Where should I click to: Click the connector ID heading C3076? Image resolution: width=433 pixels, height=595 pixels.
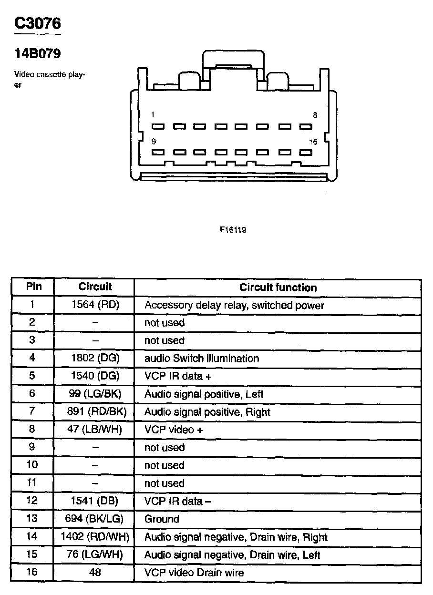(38, 23)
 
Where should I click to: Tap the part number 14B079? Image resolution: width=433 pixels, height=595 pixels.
(38, 54)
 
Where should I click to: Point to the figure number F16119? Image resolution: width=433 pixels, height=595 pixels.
(233, 229)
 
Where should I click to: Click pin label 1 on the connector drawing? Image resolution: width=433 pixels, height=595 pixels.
(153, 115)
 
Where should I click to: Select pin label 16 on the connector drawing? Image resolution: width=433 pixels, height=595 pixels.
(313, 142)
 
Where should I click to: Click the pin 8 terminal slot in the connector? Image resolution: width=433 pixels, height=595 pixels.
(305, 127)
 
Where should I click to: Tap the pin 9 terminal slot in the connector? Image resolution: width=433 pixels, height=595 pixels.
(158, 153)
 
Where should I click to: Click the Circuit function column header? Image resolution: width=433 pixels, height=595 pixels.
(278, 287)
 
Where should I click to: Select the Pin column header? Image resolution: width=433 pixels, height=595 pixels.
(33, 287)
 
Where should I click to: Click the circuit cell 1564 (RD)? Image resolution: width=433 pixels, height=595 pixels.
(95, 305)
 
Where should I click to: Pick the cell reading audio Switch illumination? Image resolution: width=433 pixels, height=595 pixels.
(202, 359)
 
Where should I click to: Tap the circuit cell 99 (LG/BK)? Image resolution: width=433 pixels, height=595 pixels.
(95, 394)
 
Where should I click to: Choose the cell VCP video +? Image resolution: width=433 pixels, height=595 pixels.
(174, 430)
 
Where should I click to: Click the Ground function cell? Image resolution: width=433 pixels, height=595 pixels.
(162, 519)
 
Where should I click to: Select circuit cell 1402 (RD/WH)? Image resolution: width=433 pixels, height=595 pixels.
(95, 537)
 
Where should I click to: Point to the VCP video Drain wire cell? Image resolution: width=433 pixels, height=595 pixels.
(194, 573)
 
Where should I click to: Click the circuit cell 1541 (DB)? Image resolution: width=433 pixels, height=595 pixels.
(95, 501)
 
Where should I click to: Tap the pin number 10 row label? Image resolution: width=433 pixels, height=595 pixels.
(32, 465)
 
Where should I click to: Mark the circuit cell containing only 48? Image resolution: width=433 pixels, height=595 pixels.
(95, 573)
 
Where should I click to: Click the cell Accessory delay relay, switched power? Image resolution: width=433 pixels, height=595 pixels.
(234, 305)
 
